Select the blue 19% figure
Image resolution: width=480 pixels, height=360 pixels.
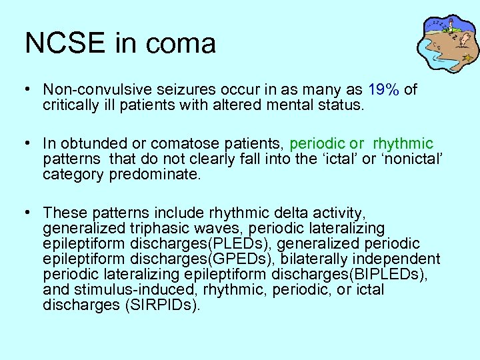(383, 89)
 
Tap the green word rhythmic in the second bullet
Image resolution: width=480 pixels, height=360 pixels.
(403, 143)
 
